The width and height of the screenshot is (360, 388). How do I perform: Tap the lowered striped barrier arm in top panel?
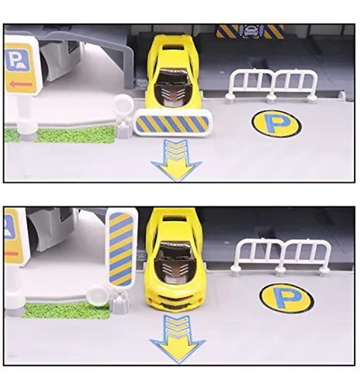172,123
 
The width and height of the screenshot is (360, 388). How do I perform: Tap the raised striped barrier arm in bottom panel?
121,248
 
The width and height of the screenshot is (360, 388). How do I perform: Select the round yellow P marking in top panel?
276,123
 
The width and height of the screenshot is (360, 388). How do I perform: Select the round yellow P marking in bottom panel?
287,299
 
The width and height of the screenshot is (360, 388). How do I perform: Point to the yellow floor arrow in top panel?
176,161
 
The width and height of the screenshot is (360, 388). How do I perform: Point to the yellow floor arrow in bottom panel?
177,339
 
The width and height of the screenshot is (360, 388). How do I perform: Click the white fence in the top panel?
272,85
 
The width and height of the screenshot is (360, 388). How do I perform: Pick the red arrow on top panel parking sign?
21,84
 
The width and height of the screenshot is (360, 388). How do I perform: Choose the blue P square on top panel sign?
17,61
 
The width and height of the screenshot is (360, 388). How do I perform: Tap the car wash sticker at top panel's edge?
250,32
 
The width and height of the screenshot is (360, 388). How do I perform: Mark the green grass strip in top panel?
61,134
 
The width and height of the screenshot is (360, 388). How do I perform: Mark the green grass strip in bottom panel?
66,310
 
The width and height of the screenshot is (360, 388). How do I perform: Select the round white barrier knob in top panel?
123,103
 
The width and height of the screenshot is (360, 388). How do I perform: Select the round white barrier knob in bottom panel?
96,295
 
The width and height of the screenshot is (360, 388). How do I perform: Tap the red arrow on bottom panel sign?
12,254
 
